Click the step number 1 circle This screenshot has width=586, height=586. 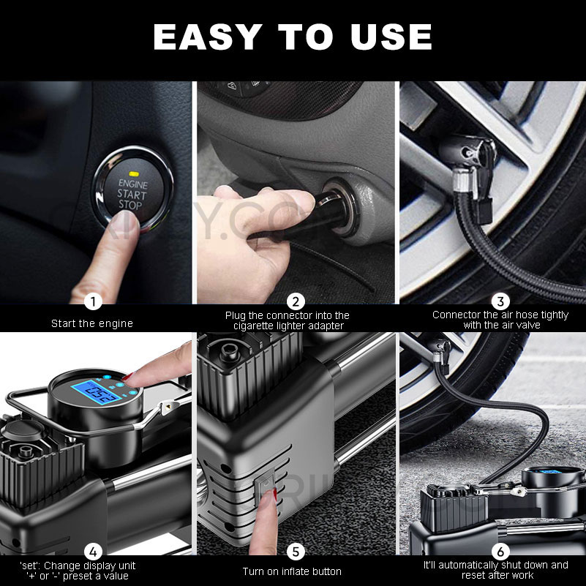[x=92, y=301]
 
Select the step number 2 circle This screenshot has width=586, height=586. [x=296, y=301]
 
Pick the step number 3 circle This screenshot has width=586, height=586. [x=500, y=301]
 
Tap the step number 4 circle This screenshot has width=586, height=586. [x=92, y=551]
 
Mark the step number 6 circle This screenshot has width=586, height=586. [x=500, y=551]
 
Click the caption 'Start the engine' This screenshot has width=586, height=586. [x=92, y=323]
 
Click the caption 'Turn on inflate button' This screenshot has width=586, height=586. [x=292, y=571]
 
